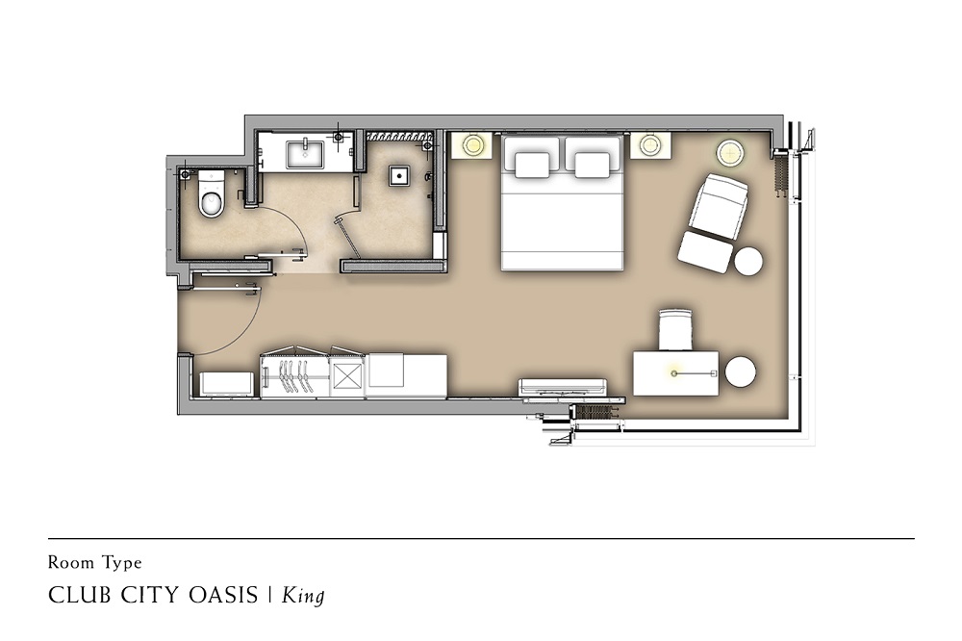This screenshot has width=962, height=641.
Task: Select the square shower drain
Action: point(399,176)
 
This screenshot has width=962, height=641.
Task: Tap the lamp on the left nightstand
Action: point(473,145)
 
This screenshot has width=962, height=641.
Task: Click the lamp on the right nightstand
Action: point(649,145)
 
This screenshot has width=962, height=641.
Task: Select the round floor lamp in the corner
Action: point(731,152)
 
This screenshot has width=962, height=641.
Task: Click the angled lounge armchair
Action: point(719,202)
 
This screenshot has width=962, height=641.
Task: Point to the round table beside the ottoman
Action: point(748,261)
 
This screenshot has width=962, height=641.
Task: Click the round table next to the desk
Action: point(741,372)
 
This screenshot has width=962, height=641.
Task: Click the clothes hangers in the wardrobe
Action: point(293,375)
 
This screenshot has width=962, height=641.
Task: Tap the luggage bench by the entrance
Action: point(226,384)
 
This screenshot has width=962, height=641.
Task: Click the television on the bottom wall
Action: point(563,388)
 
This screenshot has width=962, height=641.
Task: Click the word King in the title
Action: point(303,596)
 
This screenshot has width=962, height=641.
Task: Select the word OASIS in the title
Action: point(223,595)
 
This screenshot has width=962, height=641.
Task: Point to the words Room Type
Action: point(95,562)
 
